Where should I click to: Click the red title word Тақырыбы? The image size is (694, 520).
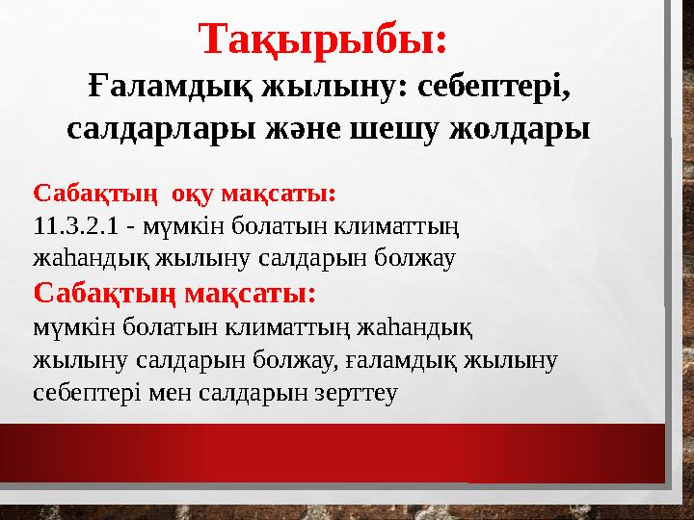click(323, 39)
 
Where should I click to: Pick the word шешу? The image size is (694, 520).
click(410, 128)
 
